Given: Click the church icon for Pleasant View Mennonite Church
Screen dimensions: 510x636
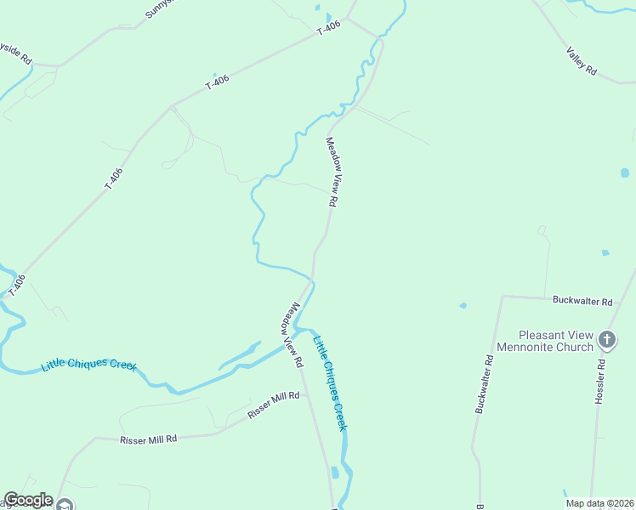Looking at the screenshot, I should tap(607, 341).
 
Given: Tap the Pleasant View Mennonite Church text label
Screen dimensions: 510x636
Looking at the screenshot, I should tap(556, 341).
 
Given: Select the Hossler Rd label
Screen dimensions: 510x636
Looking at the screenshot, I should tap(599, 380).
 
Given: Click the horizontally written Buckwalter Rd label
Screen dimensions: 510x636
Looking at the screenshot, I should tap(582, 301).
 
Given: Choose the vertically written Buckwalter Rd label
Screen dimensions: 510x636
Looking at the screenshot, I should tap(485, 384).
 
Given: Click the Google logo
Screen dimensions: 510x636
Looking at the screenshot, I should tap(28, 500).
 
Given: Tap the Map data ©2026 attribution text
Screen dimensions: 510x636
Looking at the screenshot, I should tap(599, 503).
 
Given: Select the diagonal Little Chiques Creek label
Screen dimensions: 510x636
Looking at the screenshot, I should tap(329, 382).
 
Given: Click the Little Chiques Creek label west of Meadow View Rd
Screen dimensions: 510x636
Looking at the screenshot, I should tap(88, 365).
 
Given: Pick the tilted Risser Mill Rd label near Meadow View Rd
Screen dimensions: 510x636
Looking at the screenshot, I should tap(274, 405).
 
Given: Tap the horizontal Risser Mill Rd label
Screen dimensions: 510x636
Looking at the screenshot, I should tap(148, 439).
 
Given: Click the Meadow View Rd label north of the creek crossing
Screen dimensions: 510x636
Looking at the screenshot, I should tap(332, 173).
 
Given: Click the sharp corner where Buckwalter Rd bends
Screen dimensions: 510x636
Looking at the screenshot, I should tap(503, 297).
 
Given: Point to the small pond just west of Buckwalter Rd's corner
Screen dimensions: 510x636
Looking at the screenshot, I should tap(463, 305).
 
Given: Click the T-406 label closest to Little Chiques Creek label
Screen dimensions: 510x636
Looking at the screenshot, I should tap(17, 285).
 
